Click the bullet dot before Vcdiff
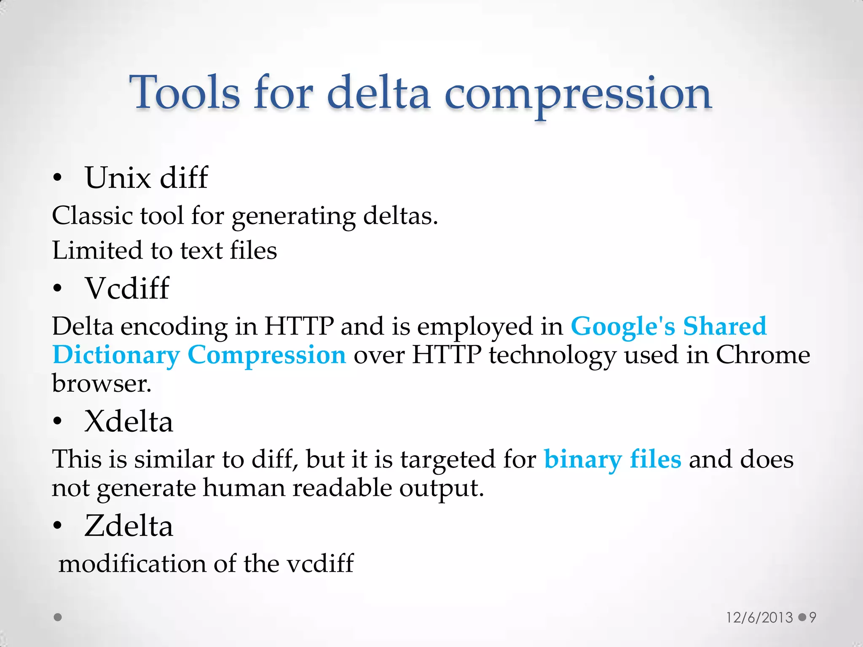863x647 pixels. pos(58,289)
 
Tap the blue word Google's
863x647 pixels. pos(623,326)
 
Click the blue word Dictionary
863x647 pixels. pos(116,355)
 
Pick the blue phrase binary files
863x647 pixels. pos(612,459)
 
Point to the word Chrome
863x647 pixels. pos(763,355)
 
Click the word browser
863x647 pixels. pos(101,384)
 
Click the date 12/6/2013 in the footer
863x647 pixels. pos(759,618)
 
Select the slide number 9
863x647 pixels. pos(812,618)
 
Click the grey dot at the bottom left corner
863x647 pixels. pos(58,617)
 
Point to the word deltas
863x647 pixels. pos(400,216)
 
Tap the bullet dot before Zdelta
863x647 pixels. pos(58,526)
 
